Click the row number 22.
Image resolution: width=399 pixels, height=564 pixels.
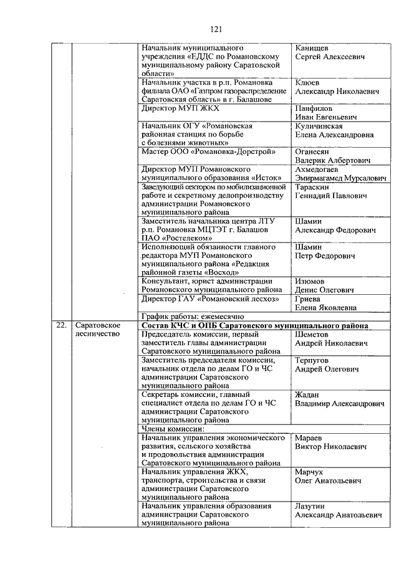[60, 325]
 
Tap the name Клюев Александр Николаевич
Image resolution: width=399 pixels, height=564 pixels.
[337, 87]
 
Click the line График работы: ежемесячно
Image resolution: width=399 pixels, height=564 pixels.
[187, 316]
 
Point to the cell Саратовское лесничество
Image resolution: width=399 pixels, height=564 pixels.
[97, 330]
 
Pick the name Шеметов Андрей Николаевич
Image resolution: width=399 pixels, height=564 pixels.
[330, 338]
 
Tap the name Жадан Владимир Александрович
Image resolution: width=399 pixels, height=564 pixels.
[339, 399]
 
